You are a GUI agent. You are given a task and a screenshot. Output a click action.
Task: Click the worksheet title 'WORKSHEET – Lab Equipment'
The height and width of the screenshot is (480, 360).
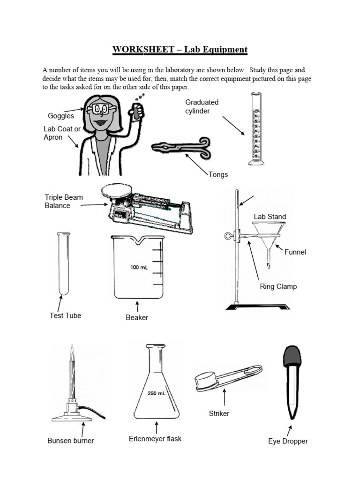[180, 49]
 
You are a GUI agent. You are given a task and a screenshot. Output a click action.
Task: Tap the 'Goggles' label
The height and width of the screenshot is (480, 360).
[61, 116]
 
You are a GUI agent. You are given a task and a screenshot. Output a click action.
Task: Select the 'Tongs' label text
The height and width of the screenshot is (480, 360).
[218, 174]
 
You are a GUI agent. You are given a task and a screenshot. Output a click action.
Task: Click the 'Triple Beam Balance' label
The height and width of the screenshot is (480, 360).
[64, 201]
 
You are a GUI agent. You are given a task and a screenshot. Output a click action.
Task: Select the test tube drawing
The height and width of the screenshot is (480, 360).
[60, 265]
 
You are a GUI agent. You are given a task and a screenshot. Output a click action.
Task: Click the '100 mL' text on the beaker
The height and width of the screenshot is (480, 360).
[139, 268]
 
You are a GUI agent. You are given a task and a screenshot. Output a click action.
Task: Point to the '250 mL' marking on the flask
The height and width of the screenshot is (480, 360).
[156, 394]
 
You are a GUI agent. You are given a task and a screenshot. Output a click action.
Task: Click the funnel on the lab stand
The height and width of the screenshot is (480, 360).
[270, 234]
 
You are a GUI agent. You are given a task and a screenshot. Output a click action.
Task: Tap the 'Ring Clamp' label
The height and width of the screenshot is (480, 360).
[278, 286]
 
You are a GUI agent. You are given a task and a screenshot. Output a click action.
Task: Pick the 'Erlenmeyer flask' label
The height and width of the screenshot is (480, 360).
[155, 439]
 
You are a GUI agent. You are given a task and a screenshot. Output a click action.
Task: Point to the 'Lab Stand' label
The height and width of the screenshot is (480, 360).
[270, 217]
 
